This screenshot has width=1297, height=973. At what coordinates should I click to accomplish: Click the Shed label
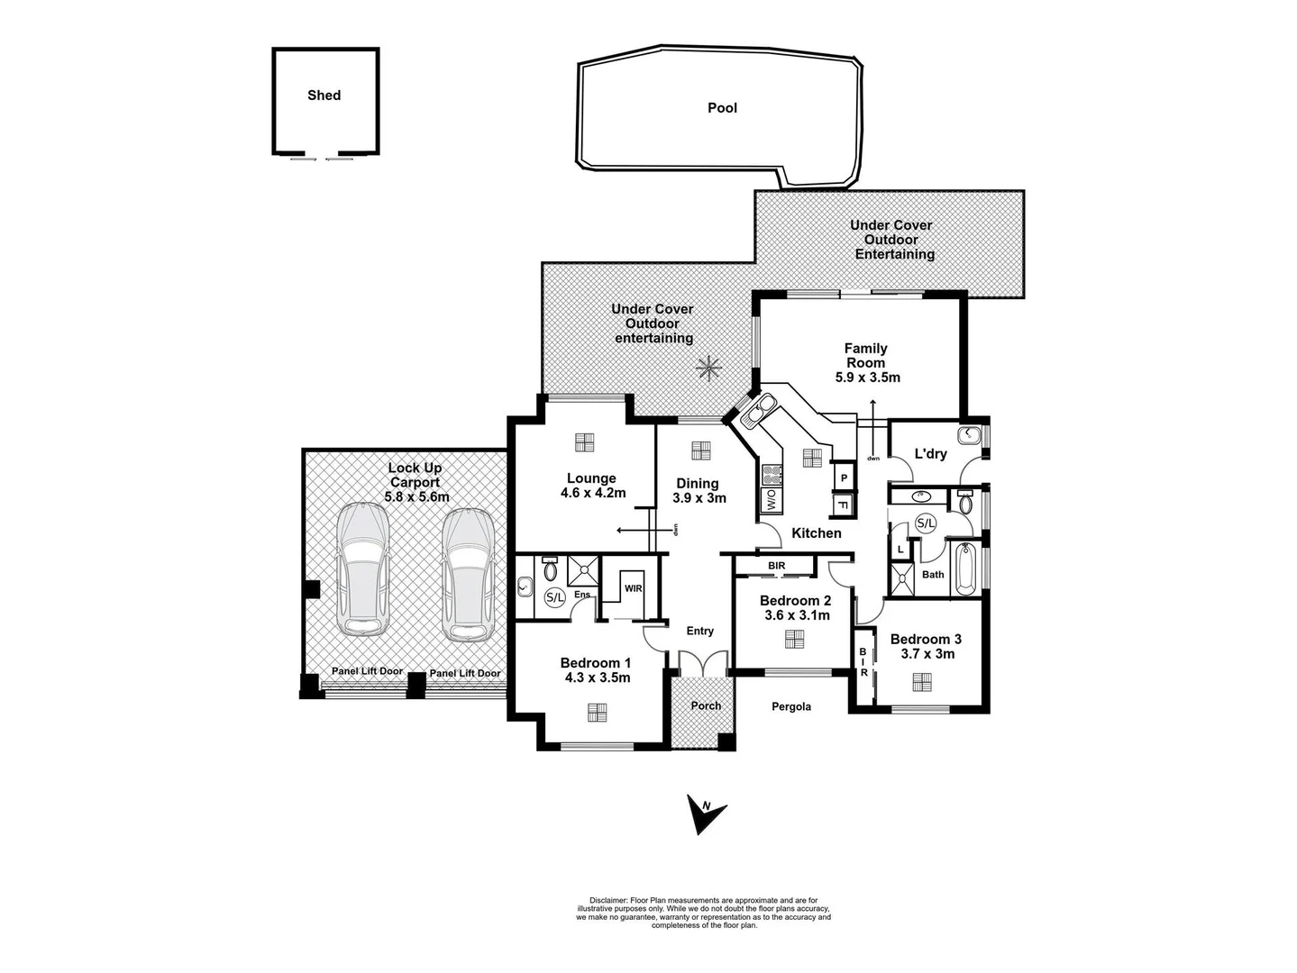324,95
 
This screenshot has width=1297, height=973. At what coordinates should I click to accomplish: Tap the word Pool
722,108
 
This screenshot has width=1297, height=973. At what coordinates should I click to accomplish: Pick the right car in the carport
468,574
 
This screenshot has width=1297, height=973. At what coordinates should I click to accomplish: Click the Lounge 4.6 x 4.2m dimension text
592,493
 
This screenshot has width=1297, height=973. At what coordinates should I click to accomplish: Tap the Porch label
706,705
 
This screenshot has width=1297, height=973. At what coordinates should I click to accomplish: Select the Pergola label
790,707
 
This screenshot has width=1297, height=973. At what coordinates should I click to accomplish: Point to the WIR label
633,588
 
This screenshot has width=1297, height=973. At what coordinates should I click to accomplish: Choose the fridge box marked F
844,505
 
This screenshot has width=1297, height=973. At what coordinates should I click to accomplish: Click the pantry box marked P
844,477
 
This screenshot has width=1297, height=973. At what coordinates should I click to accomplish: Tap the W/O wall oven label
772,500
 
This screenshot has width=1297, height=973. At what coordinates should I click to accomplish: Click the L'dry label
930,454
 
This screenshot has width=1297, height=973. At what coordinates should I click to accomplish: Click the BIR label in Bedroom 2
776,566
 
